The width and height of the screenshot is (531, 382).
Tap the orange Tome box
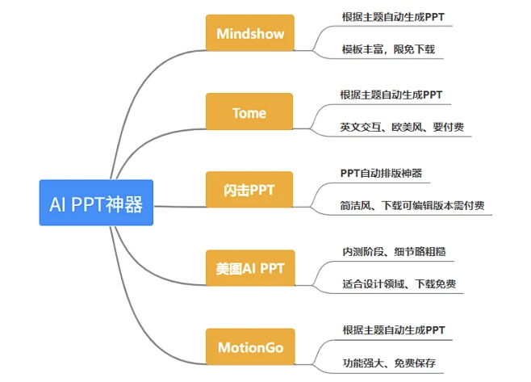(249, 112)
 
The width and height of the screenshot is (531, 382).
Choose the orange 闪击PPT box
(249, 191)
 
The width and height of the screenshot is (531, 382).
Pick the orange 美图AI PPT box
(249, 268)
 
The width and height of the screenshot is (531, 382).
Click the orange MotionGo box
(249, 347)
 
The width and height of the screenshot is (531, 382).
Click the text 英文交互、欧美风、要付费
(401, 128)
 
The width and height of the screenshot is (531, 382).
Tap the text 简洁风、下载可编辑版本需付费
(412, 206)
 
